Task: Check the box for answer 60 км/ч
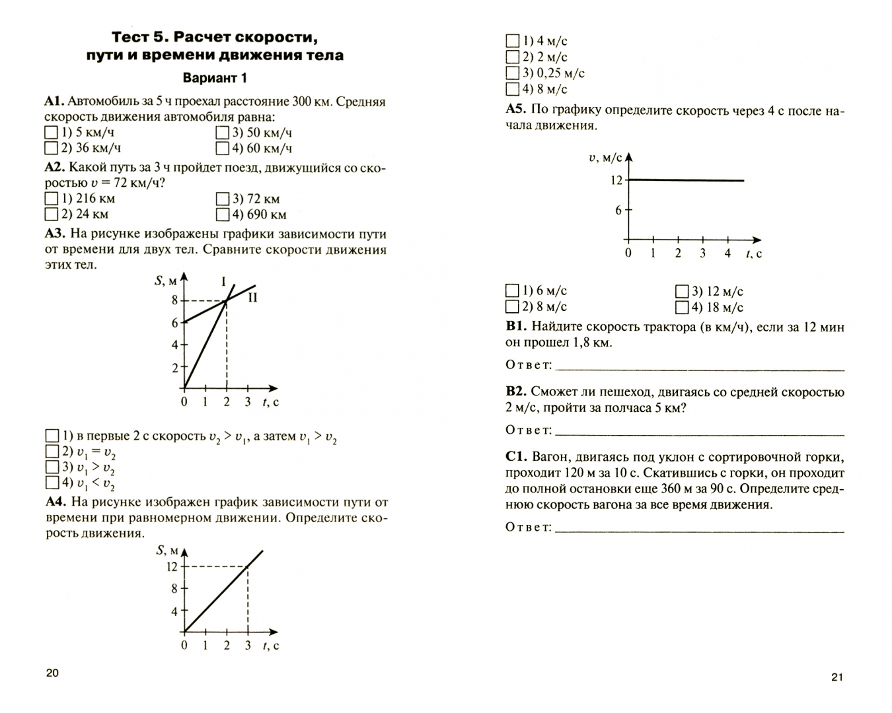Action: (x=222, y=149)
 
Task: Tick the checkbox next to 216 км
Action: (x=51, y=198)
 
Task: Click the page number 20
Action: (x=52, y=673)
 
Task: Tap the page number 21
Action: (x=837, y=676)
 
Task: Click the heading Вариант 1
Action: (x=215, y=78)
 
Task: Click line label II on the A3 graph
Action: (x=252, y=298)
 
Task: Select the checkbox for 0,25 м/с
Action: (x=512, y=73)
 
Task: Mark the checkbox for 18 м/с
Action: (x=682, y=307)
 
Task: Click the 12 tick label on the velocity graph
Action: (x=616, y=180)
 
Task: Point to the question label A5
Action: (x=515, y=110)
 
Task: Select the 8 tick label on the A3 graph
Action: (x=174, y=301)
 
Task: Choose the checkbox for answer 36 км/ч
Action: (x=51, y=149)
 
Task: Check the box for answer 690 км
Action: (x=222, y=215)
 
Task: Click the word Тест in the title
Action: (x=132, y=36)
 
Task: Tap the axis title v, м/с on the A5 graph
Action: (x=605, y=158)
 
